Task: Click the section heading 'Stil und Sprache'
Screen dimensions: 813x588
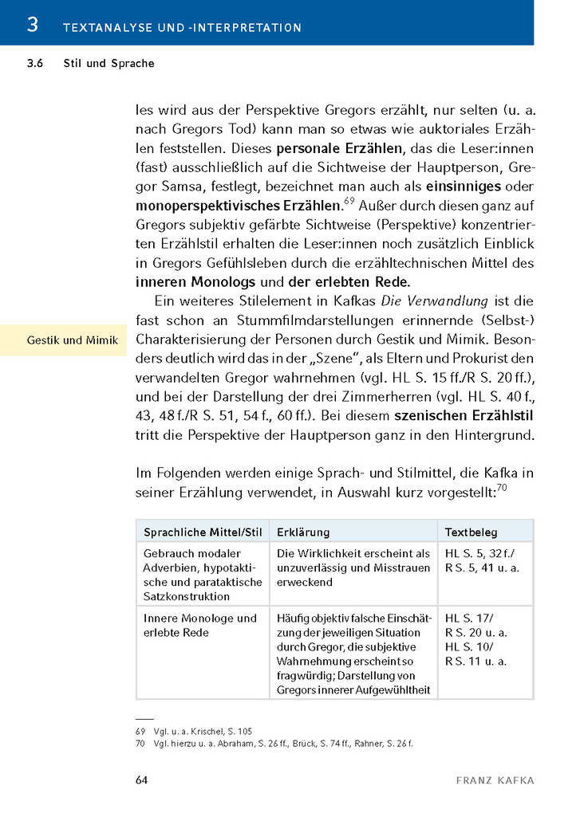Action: coord(109,64)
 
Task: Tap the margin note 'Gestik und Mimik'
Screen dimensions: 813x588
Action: coord(73,340)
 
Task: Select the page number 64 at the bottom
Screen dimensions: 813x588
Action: coord(141,780)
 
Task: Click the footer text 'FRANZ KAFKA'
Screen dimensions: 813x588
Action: coord(495,780)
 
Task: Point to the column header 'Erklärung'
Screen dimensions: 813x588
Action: coord(303,532)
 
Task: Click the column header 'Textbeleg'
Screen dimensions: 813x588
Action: coord(471,532)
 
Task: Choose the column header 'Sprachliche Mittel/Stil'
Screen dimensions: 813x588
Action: coord(203,532)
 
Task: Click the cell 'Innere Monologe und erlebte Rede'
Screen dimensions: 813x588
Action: coord(199,625)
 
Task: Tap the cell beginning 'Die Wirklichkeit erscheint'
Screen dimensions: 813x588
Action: coord(353,568)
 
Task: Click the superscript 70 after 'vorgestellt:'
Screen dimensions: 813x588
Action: coord(502,488)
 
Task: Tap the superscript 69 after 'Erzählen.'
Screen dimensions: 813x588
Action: coord(349,200)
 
